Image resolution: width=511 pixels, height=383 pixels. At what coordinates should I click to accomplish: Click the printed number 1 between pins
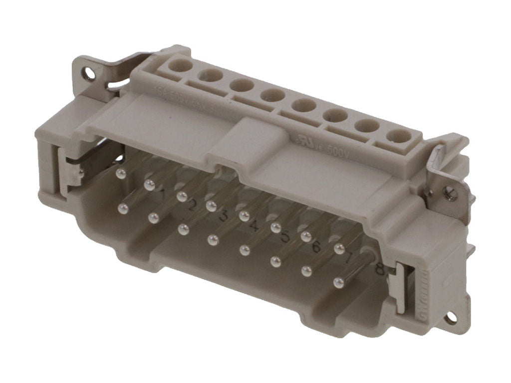point(162,194)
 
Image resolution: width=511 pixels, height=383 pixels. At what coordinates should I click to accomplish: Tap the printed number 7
point(349,258)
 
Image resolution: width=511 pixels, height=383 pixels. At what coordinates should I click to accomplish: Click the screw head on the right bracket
point(449,191)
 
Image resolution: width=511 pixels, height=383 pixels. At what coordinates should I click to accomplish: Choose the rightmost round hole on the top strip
point(398,136)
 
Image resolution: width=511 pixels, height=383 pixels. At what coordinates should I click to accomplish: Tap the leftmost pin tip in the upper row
point(120,174)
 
